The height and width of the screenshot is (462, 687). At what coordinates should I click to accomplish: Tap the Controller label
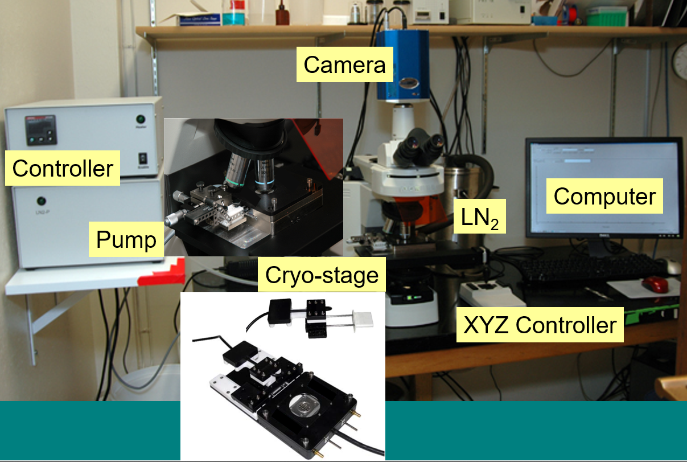[63, 168]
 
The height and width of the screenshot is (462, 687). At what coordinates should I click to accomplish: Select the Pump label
[126, 240]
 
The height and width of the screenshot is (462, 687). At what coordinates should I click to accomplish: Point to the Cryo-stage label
[322, 275]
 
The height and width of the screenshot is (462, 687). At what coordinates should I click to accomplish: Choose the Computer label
[604, 197]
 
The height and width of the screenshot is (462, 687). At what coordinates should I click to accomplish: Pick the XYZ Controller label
[540, 326]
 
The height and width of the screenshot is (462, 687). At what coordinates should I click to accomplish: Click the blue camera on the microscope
[402, 66]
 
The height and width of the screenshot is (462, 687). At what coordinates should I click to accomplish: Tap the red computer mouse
[655, 283]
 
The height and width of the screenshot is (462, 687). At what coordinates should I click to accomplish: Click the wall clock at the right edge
[681, 61]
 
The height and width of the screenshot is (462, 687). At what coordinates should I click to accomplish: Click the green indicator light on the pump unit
[40, 201]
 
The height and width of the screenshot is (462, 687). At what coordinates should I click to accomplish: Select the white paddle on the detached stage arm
[362, 318]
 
